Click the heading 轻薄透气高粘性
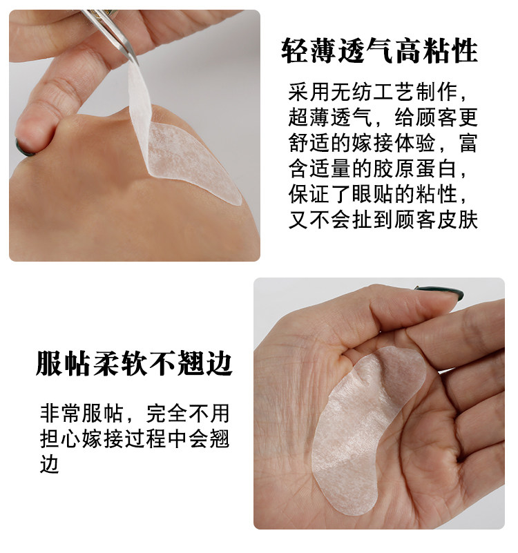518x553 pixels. point(379,52)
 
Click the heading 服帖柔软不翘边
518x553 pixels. point(134,363)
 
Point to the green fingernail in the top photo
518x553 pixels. point(24,148)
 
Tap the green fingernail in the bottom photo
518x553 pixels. point(441,292)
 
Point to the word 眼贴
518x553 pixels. point(373,194)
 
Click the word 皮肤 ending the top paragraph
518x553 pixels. point(457,220)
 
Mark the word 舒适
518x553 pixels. point(309,143)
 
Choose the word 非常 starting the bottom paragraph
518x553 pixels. point(60,413)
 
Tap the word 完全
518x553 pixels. point(166,413)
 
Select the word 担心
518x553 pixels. point(60,438)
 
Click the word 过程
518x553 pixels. point(145,438)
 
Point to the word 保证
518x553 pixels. point(309,194)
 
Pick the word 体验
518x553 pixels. point(415,143)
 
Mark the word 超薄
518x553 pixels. point(309,118)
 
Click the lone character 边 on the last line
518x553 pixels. point(50,464)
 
